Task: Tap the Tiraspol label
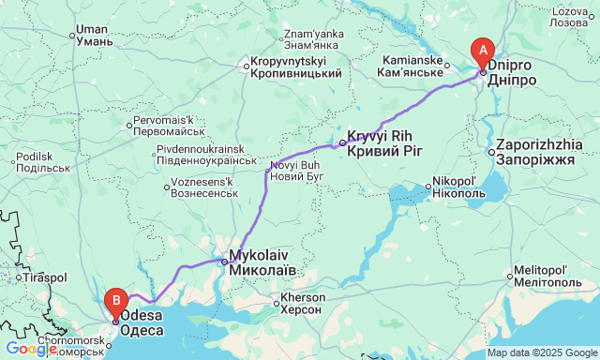(x=47, y=277)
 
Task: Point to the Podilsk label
(x=37, y=161)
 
